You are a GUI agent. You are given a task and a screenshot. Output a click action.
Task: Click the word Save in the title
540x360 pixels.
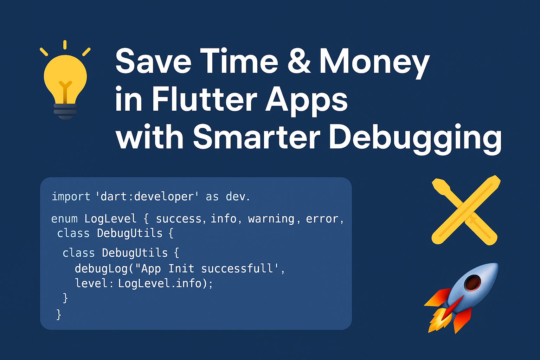[x=153, y=61]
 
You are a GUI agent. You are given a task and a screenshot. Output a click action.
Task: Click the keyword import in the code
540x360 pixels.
[x=71, y=197]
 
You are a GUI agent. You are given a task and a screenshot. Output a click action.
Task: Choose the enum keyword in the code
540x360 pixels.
[x=64, y=219]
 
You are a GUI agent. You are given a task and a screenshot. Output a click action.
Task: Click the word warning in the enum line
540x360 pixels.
[x=271, y=219]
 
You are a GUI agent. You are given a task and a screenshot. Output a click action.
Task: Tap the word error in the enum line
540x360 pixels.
[x=322, y=219]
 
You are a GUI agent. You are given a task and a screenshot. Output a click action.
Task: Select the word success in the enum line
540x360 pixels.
[x=178, y=219]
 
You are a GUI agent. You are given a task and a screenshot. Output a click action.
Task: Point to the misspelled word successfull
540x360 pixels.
[x=237, y=269]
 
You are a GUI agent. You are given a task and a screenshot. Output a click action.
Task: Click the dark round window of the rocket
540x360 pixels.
[x=473, y=282]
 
